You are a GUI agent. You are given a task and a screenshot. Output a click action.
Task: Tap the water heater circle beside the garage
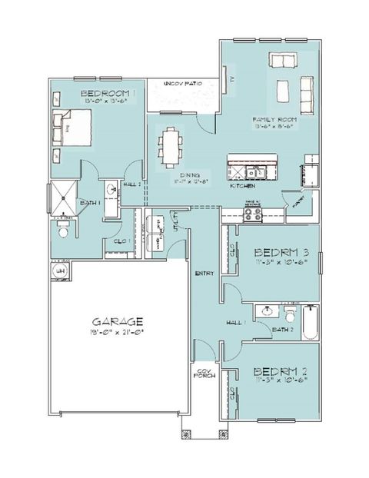(x=60, y=271)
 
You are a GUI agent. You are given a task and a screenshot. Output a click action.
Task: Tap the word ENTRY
(x=204, y=273)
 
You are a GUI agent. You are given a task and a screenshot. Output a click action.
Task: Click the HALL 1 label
(x=235, y=324)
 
